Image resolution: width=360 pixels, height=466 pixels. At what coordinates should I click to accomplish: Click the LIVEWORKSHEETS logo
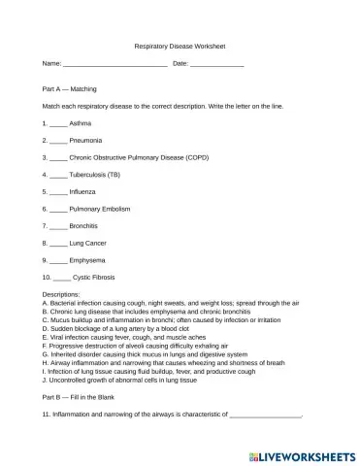[300, 452]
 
